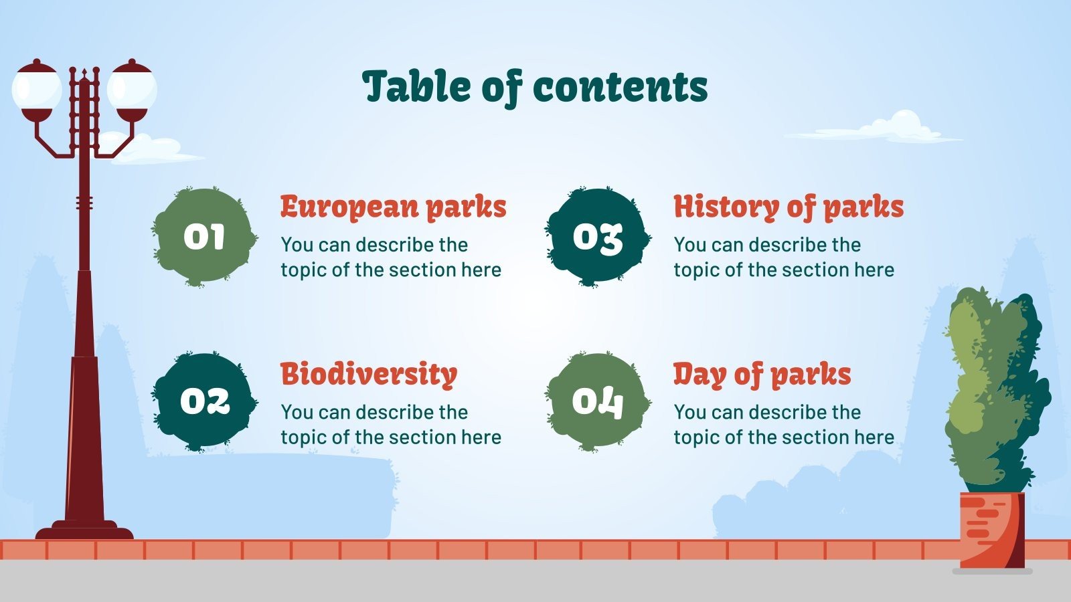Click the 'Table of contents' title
coord(535,87)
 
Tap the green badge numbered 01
coord(204,237)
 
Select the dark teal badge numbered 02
coord(204,401)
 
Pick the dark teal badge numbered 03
coord(597,237)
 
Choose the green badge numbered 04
coord(597,401)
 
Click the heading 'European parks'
coord(393,207)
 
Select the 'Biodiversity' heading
coord(369,374)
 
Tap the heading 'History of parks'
coord(789,207)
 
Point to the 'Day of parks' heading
coord(762,375)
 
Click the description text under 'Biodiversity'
coord(391,424)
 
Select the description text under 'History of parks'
coord(784,258)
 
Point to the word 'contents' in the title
coord(621,88)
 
